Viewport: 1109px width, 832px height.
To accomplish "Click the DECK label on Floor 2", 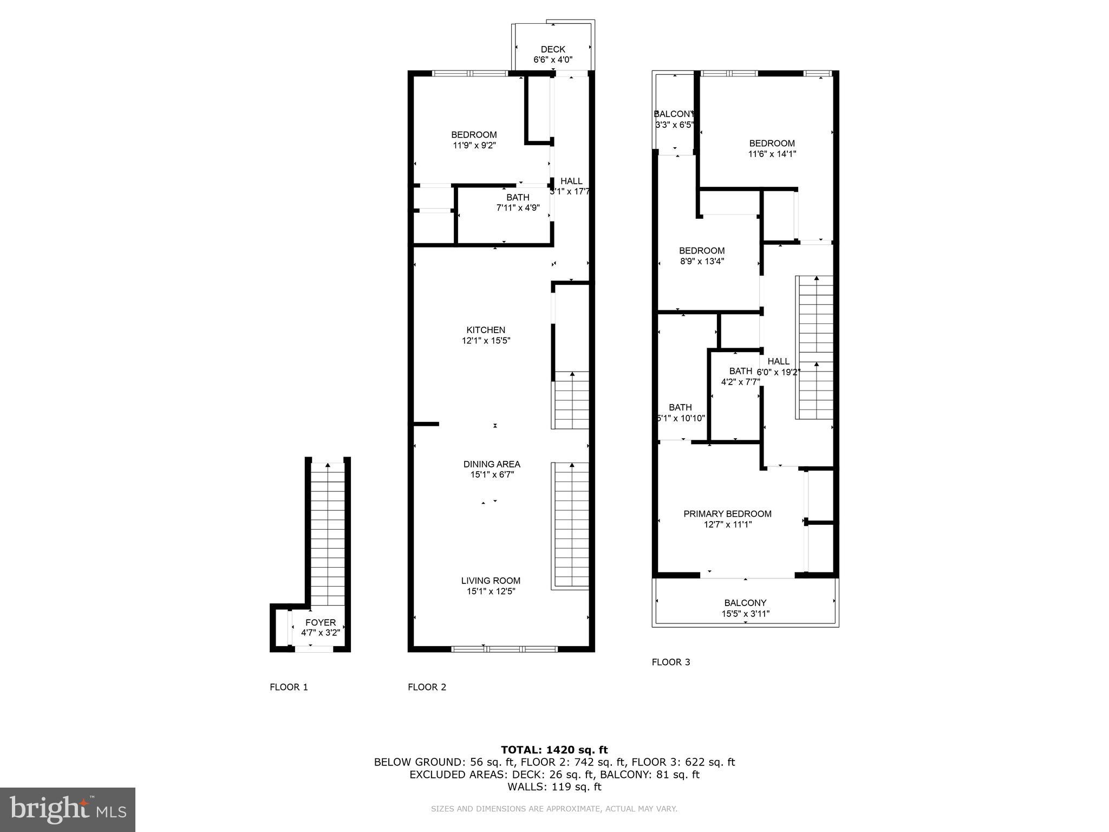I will click(553, 49).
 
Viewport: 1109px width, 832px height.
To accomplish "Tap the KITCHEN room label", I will click(486, 330).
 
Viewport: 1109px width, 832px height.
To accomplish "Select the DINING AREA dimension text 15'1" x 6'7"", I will click(492, 475).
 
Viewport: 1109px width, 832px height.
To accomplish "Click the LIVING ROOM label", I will click(491, 581).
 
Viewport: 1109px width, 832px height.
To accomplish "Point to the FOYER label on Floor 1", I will click(321, 622).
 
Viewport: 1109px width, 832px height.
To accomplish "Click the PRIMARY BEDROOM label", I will click(727, 513).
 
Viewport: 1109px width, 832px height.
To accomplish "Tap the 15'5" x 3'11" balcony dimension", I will click(745, 614).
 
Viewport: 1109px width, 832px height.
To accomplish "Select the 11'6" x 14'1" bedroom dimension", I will click(772, 154).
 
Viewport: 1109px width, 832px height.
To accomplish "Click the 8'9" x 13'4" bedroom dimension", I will click(702, 261).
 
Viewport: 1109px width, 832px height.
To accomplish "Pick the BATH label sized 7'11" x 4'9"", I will click(518, 197).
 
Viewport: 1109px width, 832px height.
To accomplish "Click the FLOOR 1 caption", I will click(289, 687).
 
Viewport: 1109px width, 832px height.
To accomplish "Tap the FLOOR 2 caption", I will click(427, 687).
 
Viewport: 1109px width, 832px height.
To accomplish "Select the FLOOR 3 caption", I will click(671, 662).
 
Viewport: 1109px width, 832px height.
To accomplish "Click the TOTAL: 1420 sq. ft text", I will click(554, 750).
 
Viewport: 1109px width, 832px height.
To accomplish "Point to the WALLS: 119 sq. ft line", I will click(554, 787).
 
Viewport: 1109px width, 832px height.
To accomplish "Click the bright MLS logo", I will click(68, 810).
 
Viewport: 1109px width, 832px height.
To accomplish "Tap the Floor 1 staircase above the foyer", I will click(328, 534).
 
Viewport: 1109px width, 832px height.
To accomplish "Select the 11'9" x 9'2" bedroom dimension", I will click(474, 145).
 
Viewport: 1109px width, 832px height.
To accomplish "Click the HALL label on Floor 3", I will click(778, 361).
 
